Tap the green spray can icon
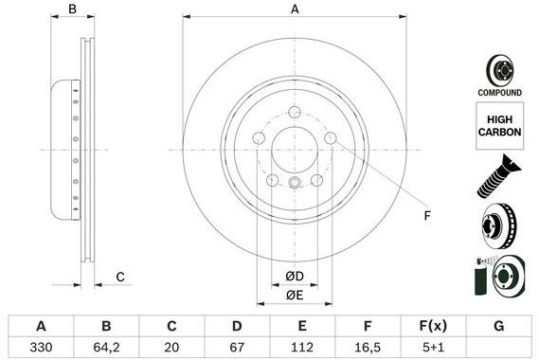point(476,279)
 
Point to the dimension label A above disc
point(295,9)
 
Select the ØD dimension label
point(295,277)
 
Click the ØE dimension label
point(295,296)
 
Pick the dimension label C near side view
point(120,277)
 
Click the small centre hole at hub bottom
point(295,185)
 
